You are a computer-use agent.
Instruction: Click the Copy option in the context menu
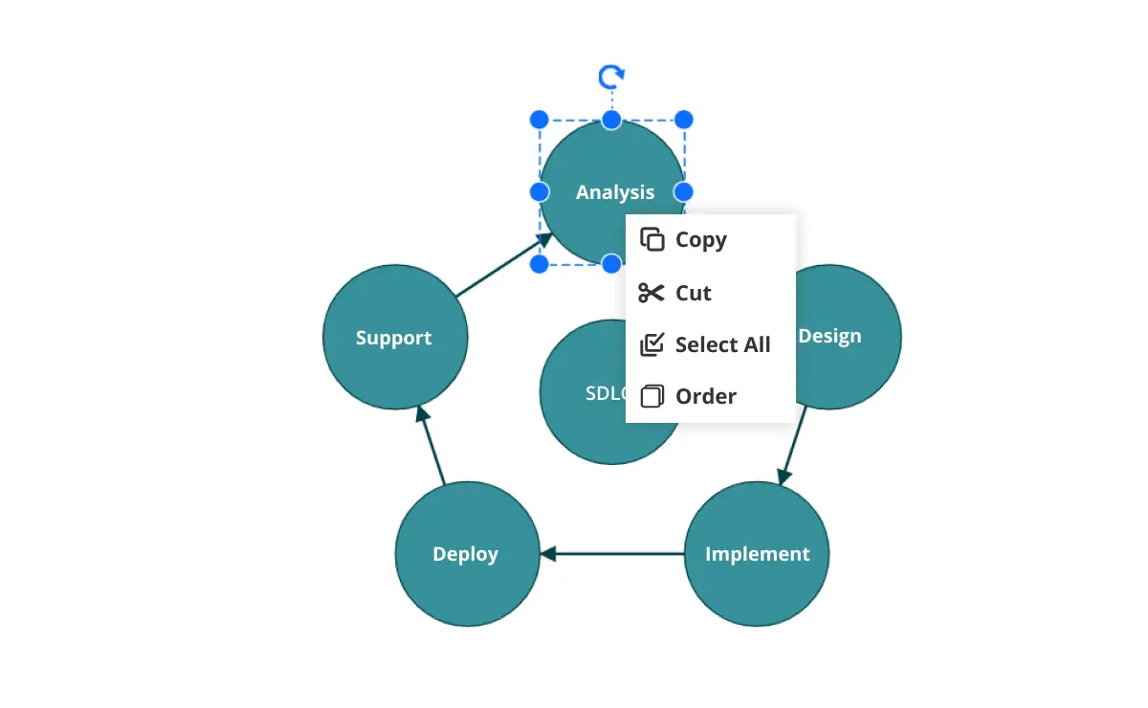click(700, 240)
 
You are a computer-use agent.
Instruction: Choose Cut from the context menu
click(693, 293)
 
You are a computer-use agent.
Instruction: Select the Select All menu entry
click(721, 344)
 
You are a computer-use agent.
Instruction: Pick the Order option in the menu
click(705, 396)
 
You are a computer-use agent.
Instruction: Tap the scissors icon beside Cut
click(651, 293)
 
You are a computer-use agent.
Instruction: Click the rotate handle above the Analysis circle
click(610, 77)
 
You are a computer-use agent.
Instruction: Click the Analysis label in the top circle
click(614, 192)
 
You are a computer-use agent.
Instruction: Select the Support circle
click(394, 338)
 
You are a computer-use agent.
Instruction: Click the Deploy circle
click(466, 554)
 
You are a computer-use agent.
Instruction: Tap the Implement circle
click(757, 554)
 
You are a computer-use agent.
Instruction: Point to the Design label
click(829, 336)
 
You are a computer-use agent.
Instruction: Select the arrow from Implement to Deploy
click(612, 554)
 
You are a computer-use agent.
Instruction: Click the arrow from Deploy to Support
click(431, 446)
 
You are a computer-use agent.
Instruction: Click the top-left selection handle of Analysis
click(539, 120)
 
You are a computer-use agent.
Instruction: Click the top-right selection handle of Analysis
click(683, 120)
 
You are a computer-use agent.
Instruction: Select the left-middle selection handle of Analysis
click(539, 191)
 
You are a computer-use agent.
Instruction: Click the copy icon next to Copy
click(651, 240)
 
